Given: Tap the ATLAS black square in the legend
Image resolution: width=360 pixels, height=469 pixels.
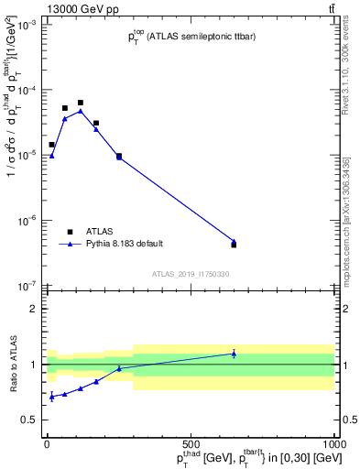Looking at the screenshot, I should (x=70, y=232).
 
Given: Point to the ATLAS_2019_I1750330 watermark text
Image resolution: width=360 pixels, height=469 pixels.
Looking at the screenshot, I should (x=191, y=274).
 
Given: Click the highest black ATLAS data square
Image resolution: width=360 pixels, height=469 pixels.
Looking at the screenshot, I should (x=81, y=103).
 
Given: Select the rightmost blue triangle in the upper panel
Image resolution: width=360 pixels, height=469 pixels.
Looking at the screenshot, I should (x=234, y=242).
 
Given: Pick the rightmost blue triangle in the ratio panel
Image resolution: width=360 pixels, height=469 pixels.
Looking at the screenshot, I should (x=234, y=353).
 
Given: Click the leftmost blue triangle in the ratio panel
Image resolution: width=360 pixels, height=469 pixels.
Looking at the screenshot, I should (x=51, y=397).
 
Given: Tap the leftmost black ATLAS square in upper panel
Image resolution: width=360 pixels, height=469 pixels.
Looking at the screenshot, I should (x=51, y=145).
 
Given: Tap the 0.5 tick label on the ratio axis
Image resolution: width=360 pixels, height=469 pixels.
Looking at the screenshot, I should (x=31, y=420).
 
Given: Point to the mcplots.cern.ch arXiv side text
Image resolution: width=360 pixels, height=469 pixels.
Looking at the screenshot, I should (x=351, y=211).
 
